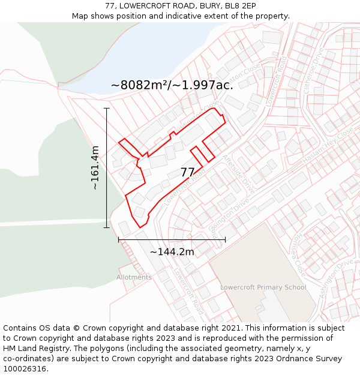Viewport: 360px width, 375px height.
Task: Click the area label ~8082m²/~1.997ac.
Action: pyautogui.click(x=172, y=85)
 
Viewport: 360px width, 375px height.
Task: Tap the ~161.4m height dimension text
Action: pyautogui.click(x=95, y=168)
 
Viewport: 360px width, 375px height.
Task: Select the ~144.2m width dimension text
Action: pyautogui.click(x=172, y=252)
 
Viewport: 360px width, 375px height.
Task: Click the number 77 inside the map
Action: pyautogui.click(x=188, y=172)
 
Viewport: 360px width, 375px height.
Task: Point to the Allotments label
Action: pyautogui.click(x=134, y=277)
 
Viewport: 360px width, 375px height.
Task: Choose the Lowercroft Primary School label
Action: pyautogui.click(x=263, y=287)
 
